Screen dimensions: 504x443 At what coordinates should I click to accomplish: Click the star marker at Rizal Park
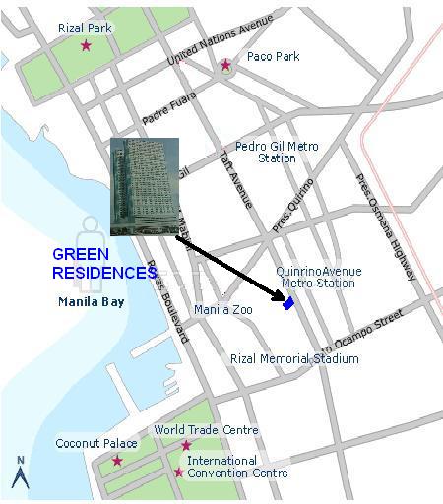[86, 46]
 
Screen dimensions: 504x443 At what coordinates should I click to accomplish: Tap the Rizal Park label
[85, 29]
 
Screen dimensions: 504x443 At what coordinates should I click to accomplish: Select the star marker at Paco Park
[225, 66]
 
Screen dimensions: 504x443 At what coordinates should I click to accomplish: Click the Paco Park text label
[273, 57]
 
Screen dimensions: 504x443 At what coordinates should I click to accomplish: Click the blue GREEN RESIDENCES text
[103, 264]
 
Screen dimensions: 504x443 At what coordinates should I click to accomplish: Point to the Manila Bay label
[91, 302]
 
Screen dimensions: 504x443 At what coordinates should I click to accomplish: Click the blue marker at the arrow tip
[288, 304]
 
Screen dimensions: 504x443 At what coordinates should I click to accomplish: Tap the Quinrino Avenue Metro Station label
[318, 278]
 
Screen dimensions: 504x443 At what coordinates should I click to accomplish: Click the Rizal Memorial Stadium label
[293, 359]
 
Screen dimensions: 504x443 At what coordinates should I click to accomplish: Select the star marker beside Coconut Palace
[117, 460]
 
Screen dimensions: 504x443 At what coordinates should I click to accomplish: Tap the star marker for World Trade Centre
[186, 446]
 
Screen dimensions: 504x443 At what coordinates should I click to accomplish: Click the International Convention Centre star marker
[178, 472]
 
